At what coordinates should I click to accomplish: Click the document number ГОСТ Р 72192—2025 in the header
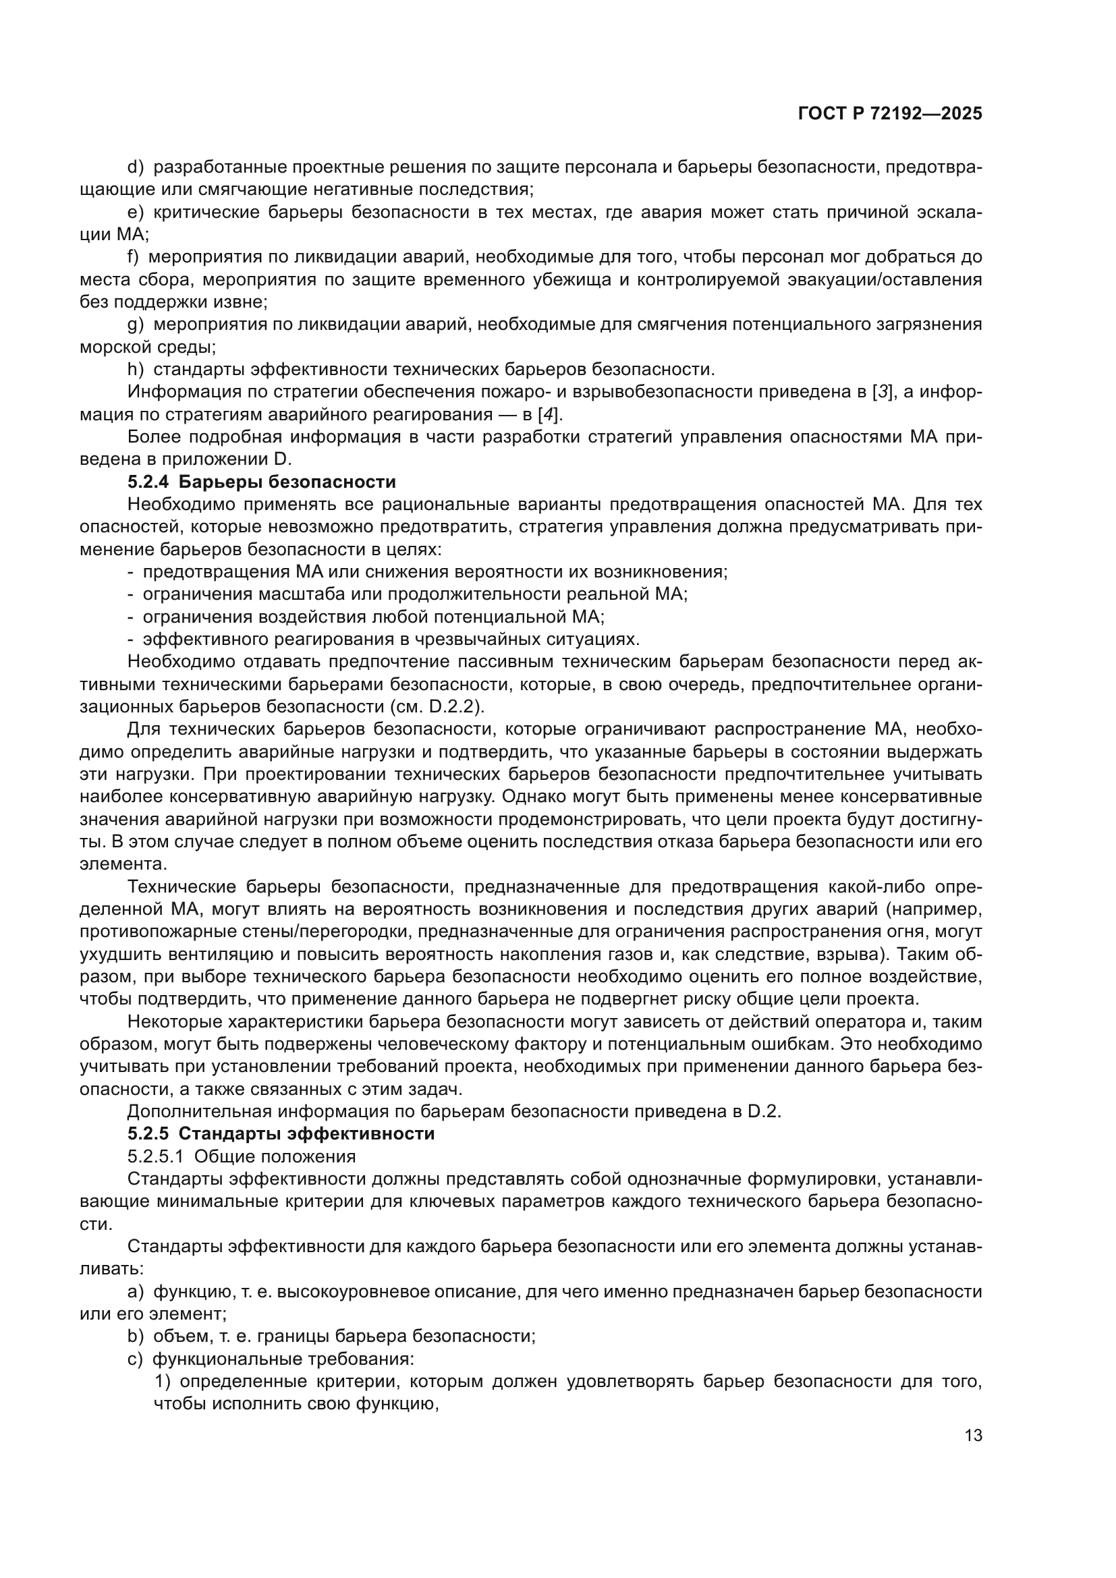pyautogui.click(x=890, y=114)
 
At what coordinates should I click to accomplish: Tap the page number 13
pyautogui.click(x=973, y=1436)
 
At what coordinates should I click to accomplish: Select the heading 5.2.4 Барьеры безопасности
pyautogui.click(x=262, y=482)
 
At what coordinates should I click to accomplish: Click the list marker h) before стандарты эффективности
pyautogui.click(x=136, y=370)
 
